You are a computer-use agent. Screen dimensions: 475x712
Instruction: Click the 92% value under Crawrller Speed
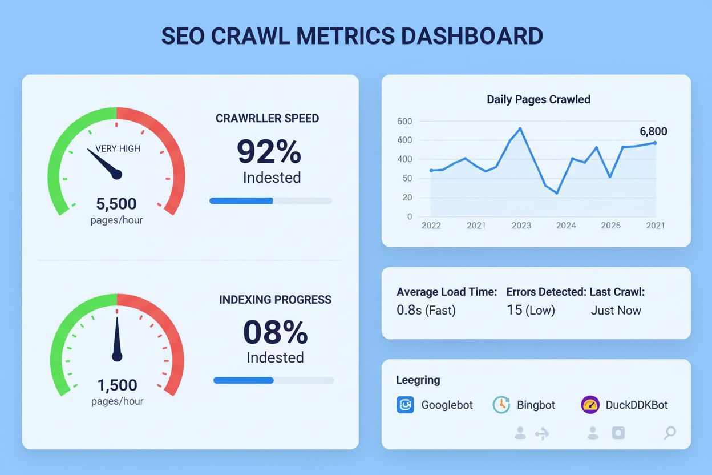coord(269,152)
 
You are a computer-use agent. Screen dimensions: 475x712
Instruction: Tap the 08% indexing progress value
coord(275,332)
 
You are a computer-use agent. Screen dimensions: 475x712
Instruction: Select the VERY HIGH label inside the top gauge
coord(118,148)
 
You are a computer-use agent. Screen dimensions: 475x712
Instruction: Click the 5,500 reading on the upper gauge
coord(116,204)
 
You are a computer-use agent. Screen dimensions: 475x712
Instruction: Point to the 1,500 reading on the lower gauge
coord(117,385)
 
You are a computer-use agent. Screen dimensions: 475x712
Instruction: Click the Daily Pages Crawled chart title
coord(538,99)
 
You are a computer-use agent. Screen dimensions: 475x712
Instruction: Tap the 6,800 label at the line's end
coord(653,131)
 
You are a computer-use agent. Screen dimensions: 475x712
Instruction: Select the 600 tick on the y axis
coord(404,121)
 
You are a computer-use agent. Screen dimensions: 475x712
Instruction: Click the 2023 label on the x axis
coord(521,226)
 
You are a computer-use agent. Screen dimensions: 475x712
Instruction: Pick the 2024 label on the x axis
coord(566,226)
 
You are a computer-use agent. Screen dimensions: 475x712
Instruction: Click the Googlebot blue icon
coord(405,405)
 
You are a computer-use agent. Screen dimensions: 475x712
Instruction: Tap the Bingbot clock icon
coord(500,405)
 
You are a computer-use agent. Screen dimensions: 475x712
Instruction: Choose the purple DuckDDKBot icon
coord(590,405)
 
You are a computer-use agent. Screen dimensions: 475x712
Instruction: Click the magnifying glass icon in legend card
coord(670,433)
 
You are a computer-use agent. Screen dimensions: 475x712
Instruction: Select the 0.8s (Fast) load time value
coord(426,311)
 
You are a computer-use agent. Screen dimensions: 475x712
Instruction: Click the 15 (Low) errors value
coord(531,311)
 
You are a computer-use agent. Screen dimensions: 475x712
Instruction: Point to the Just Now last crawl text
coord(616,311)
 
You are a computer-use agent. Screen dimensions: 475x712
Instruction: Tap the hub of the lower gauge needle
coord(117,356)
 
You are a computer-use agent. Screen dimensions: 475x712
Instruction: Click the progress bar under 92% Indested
coord(270,200)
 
